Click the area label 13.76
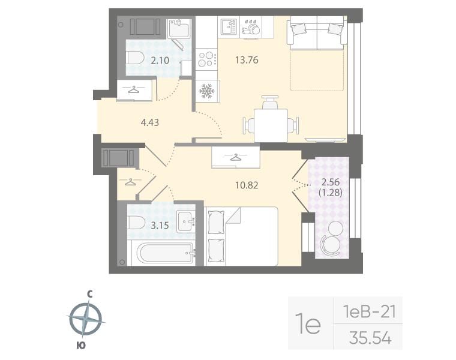tap(247, 59)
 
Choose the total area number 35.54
tap(370, 338)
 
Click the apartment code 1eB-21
tap(368, 311)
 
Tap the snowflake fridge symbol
tap(206, 91)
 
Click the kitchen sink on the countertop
tap(229, 26)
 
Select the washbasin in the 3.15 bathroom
tap(187, 220)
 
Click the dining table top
tap(271, 125)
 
